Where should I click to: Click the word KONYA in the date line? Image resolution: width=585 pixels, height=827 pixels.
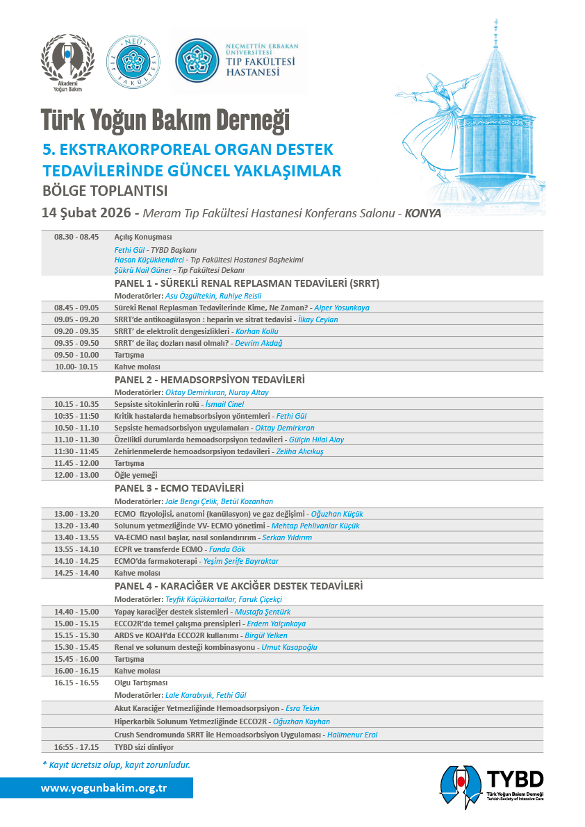(x=422, y=213)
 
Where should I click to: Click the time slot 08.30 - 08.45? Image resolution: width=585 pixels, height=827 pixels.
(x=76, y=237)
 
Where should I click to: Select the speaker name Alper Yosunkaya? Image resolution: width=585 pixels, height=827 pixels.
(x=341, y=307)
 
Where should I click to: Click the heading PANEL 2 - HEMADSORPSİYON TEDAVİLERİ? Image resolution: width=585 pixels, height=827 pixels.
(x=209, y=380)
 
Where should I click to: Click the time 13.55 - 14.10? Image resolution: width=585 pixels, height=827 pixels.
(x=76, y=549)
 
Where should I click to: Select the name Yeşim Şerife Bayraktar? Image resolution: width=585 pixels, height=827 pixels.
(x=240, y=561)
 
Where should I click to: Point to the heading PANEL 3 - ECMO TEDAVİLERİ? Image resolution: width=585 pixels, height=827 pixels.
(x=179, y=488)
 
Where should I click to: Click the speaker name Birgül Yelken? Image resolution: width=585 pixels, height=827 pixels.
(x=266, y=635)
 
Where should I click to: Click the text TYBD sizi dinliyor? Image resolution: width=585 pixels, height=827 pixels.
(x=144, y=747)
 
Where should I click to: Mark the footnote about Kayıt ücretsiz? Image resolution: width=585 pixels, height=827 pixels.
(x=116, y=765)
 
